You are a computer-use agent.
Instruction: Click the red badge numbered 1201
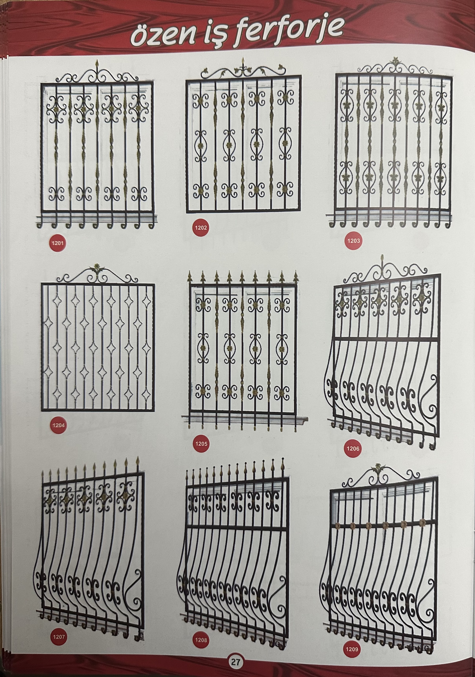pos(58,243)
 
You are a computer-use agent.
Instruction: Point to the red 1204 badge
pos(58,425)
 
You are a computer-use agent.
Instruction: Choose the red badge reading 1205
pos(201,444)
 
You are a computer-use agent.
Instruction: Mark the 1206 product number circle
pos(353,448)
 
